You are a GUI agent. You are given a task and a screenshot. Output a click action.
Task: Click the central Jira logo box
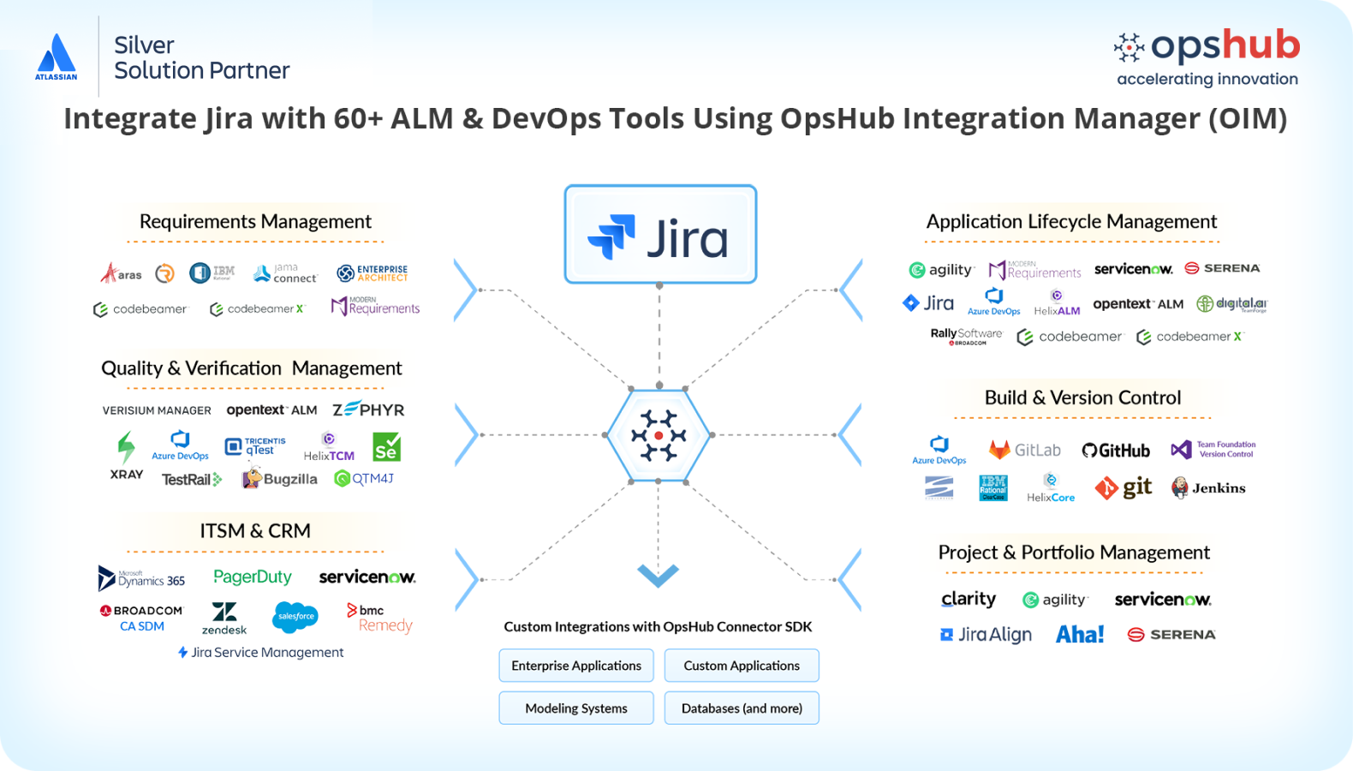coord(660,235)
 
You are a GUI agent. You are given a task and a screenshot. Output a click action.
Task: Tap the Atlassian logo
coord(57,57)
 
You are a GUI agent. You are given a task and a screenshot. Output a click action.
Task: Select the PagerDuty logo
coord(253,577)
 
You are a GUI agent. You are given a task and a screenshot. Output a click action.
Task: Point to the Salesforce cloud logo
coord(295,617)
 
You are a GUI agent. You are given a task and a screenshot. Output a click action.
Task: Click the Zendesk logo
coord(224,618)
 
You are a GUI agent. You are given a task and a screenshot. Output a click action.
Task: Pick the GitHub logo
coord(1116,451)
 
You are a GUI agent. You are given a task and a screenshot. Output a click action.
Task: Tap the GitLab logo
coord(1025,450)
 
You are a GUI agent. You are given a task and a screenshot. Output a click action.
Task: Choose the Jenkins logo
coord(1208,488)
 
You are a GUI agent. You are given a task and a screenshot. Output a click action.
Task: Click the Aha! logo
coord(1080,635)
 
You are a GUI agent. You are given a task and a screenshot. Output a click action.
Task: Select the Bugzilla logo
coord(280,479)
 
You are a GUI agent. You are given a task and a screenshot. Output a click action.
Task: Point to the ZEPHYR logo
coord(368,409)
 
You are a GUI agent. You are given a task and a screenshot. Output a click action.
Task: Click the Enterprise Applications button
coord(576,666)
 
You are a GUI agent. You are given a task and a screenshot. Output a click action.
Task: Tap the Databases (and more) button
coord(742,708)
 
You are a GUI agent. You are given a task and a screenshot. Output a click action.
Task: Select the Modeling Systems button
coord(576,708)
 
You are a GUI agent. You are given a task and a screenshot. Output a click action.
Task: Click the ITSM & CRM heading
coord(255,531)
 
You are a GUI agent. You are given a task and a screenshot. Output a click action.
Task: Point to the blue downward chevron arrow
coord(659,575)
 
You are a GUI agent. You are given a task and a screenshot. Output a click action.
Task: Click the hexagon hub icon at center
coord(659,435)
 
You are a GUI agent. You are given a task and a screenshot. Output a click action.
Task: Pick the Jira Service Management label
coord(261,653)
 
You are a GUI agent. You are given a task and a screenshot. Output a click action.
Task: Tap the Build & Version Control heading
coord(1082,397)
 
